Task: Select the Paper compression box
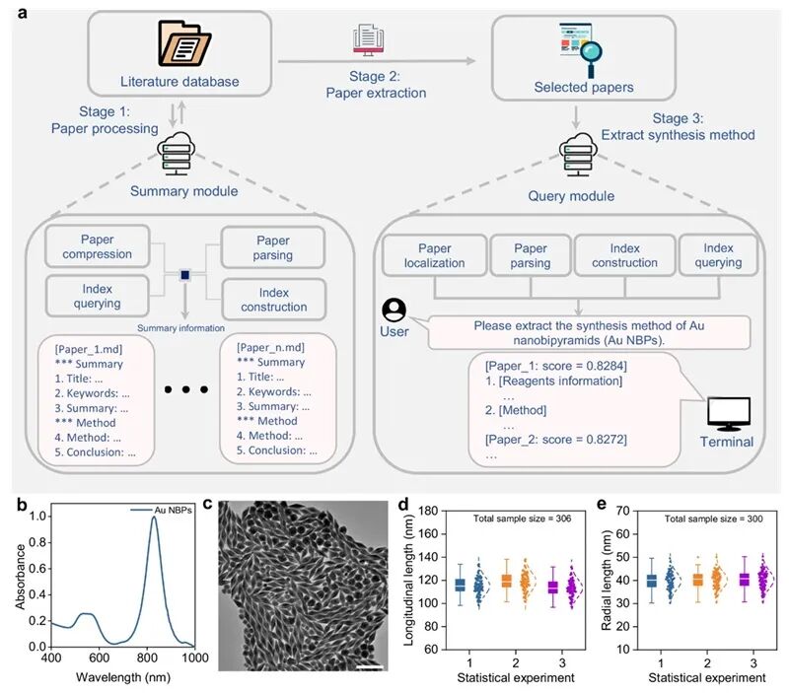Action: (98, 245)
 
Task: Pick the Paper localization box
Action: (433, 255)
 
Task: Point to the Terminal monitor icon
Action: (729, 411)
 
